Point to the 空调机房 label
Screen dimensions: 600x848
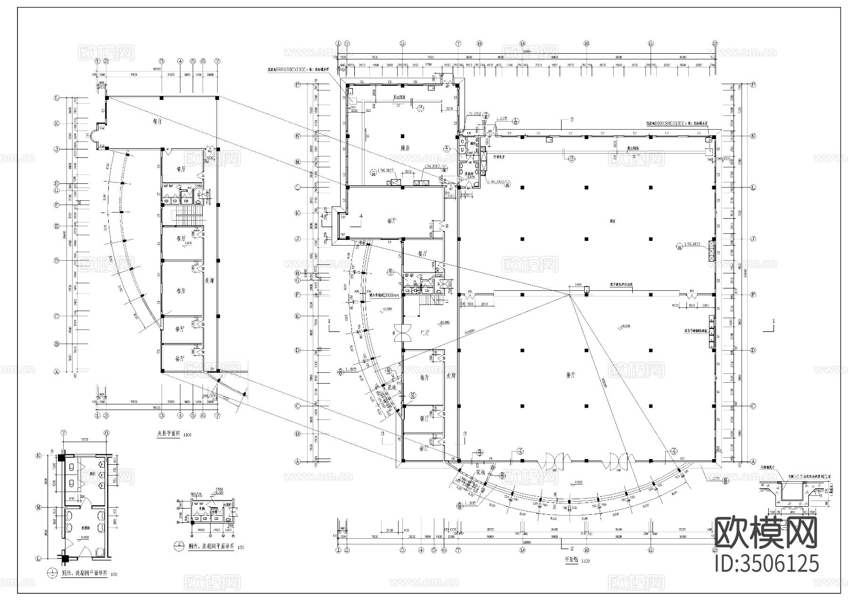[x=499, y=156]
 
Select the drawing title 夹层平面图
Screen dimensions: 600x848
[x=168, y=434]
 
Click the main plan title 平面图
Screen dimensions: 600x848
[x=571, y=561]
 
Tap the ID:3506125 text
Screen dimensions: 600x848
[x=766, y=563]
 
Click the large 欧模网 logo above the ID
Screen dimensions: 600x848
[x=766, y=533]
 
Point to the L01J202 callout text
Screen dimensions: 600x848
[x=475, y=114]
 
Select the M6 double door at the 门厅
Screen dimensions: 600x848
[x=403, y=333]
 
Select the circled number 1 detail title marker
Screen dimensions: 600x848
[x=51, y=574]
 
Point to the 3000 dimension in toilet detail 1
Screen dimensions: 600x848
[x=86, y=439]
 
